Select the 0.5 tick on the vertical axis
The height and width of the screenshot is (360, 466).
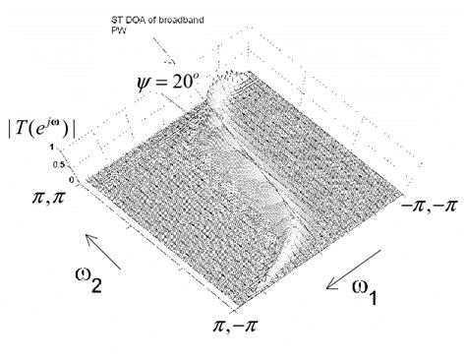point(67,165)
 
